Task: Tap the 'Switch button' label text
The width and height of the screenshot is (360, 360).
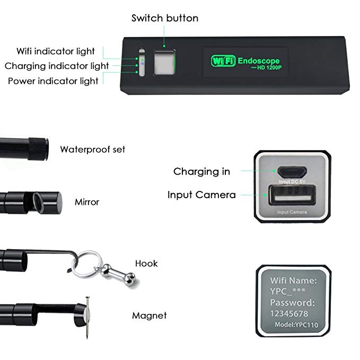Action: coord(165,18)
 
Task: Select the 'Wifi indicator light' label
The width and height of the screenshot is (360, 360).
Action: coord(56,51)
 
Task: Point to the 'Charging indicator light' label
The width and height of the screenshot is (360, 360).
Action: coord(57,66)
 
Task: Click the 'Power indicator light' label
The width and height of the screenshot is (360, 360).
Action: coord(53,81)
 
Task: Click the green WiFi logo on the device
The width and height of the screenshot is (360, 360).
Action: coord(223,60)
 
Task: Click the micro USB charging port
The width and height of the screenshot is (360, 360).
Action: coord(292,172)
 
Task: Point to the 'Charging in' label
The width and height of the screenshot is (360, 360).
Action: coord(201,171)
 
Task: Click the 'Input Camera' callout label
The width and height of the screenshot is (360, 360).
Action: coord(201,195)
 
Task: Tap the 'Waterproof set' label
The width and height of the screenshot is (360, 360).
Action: coord(92,150)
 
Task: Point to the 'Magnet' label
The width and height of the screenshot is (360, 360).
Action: coord(149,315)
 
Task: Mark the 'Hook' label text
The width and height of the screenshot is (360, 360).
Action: coord(146,263)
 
